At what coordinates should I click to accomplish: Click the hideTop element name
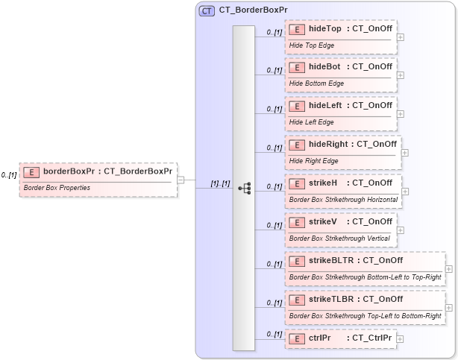[325, 28]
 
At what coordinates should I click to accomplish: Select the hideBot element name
[325, 67]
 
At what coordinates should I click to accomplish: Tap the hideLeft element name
[326, 106]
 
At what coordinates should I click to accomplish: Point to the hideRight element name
[329, 144]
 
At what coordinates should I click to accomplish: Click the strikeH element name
[324, 183]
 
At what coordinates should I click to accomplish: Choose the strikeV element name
[324, 221]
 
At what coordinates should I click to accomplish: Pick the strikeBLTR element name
[331, 260]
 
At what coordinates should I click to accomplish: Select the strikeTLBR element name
[331, 299]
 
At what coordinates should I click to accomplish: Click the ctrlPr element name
[320, 338]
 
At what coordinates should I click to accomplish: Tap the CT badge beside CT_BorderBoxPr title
[207, 11]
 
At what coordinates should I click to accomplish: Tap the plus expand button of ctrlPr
[401, 338]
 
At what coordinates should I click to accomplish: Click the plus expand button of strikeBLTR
[449, 269]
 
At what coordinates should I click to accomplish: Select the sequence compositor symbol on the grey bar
[244, 188]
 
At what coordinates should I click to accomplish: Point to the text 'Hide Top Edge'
[311, 45]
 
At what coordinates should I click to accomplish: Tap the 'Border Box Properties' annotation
[57, 188]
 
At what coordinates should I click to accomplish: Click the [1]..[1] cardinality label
[220, 183]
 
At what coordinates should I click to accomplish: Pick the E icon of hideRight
[297, 145]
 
